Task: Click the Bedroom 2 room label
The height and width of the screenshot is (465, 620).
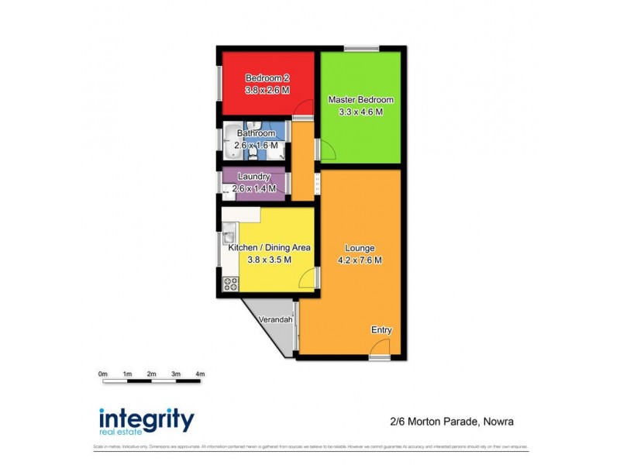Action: (x=267, y=77)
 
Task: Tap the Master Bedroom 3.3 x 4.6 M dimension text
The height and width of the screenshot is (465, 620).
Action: (x=361, y=112)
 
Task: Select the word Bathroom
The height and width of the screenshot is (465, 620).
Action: (x=256, y=133)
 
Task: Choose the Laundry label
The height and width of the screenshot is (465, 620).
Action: (x=253, y=177)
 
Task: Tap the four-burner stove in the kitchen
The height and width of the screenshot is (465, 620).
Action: (x=231, y=284)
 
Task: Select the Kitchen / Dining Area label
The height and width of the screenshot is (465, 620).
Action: (x=269, y=248)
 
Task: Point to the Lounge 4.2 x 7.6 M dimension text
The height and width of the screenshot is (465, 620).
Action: (x=360, y=260)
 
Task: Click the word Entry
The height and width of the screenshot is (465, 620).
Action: (x=381, y=330)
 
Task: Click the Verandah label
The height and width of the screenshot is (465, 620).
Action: (x=276, y=320)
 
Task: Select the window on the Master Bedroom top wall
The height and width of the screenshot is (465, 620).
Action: (x=361, y=50)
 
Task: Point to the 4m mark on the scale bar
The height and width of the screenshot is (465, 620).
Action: (x=200, y=375)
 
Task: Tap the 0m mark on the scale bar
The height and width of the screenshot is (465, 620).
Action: (x=103, y=375)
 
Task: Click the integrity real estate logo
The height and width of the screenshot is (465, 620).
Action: (x=146, y=421)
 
